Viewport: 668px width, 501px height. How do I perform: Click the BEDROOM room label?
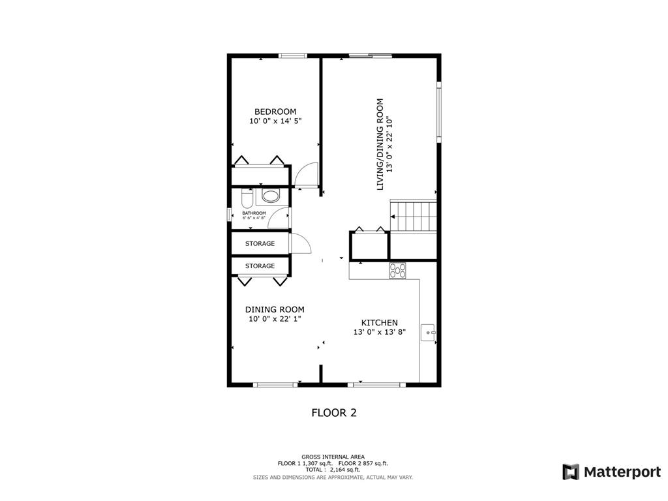(275, 112)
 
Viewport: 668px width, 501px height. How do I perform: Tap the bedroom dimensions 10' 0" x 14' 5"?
(275, 121)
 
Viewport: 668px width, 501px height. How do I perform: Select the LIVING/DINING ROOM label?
(380, 144)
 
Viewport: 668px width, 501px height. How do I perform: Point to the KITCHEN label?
(379, 322)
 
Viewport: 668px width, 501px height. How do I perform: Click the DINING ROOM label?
(275, 310)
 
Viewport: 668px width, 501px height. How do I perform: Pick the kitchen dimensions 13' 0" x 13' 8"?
(380, 332)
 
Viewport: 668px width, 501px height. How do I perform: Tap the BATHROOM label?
(254, 213)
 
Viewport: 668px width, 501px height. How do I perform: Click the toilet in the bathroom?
(247, 198)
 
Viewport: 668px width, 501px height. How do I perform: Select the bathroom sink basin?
(271, 196)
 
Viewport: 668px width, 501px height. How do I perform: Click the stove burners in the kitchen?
(397, 271)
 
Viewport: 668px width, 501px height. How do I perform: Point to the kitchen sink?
(428, 333)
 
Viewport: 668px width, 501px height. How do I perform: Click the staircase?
(414, 216)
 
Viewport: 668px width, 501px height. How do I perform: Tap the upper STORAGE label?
(260, 244)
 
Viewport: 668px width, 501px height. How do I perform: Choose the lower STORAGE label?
(260, 266)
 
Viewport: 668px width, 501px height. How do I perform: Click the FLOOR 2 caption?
(334, 412)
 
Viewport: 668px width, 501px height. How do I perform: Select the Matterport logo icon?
(571, 472)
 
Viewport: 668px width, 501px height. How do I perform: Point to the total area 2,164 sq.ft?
(345, 470)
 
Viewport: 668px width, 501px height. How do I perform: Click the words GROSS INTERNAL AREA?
(333, 457)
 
